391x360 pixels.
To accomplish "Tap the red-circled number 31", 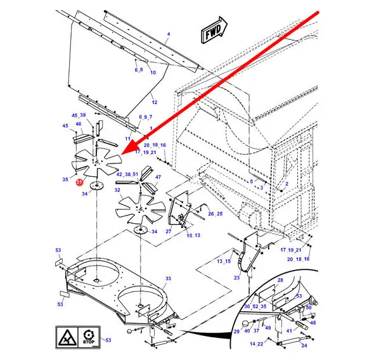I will [x=79, y=182].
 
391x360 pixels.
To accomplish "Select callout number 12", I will [x=154, y=102].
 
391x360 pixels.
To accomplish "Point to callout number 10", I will [x=153, y=72].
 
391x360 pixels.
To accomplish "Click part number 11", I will [x=127, y=139].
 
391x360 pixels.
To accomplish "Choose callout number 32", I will [x=117, y=190].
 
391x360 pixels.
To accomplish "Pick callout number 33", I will [x=168, y=279].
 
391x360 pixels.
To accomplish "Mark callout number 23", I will [x=236, y=277].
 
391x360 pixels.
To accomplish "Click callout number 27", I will [x=169, y=231].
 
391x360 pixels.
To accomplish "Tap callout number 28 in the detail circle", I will [x=280, y=280].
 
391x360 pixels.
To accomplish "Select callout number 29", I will [x=236, y=331].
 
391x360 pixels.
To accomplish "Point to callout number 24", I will [x=304, y=345].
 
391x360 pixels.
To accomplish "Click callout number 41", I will [x=288, y=331].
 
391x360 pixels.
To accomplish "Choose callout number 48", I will [x=312, y=323].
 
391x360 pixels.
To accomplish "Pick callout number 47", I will [x=158, y=177].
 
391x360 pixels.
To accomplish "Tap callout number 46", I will [x=79, y=124].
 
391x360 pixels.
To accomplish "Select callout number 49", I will [x=267, y=328].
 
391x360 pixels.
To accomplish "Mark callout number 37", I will [x=257, y=331].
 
